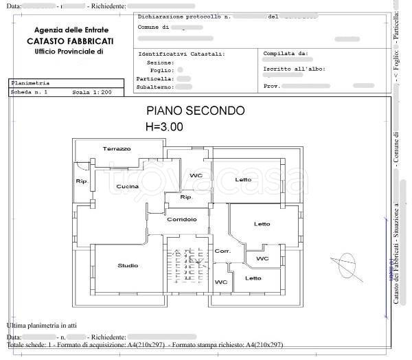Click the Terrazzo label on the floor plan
(x=117, y=148)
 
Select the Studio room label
(x=128, y=265)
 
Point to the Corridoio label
(x=182, y=219)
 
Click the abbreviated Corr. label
(x=222, y=251)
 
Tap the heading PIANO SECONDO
(x=195, y=111)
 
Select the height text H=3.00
(x=164, y=126)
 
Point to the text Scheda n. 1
(x=30, y=91)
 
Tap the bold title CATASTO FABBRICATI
(x=70, y=41)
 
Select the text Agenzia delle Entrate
(x=70, y=30)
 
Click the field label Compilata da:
(x=285, y=53)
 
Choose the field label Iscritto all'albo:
(x=294, y=69)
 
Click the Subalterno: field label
(x=156, y=87)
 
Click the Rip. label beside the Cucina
(x=82, y=182)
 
